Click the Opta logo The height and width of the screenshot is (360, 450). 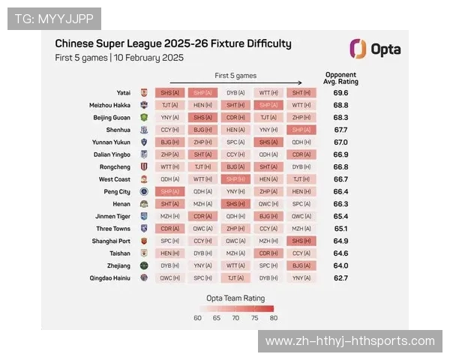(x=375, y=49)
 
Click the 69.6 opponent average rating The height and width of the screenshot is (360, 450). (x=340, y=93)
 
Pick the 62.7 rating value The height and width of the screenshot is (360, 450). (x=340, y=277)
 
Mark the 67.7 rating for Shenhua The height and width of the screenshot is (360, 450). (x=340, y=130)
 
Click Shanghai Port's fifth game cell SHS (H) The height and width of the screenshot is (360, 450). (x=301, y=241)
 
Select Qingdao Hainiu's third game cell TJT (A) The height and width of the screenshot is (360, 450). (x=235, y=277)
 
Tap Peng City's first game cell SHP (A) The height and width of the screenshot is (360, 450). (x=170, y=191)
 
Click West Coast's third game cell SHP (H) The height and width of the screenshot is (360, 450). (x=235, y=179)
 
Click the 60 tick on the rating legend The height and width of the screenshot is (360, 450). (x=198, y=317)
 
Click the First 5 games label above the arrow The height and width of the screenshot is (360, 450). (x=235, y=76)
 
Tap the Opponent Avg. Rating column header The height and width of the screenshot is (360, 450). (x=340, y=78)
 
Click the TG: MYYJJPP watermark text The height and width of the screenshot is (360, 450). (x=53, y=18)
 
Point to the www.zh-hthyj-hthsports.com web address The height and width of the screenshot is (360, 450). (x=350, y=341)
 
